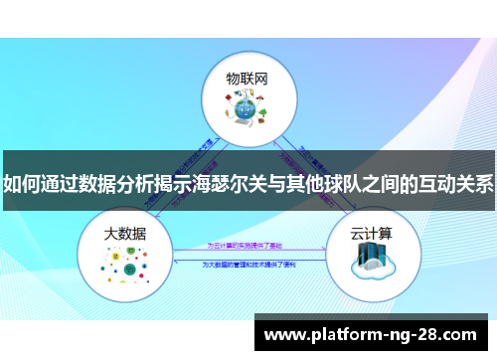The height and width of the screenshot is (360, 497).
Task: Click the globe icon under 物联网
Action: [x=248, y=112]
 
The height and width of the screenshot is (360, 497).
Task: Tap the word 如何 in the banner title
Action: [x=23, y=184]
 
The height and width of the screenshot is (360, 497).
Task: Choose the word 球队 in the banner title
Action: [x=355, y=184]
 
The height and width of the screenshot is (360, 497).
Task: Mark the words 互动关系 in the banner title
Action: [x=452, y=184]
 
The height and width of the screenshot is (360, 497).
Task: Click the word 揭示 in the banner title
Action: [x=179, y=184]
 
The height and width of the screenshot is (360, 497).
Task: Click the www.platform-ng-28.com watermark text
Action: [x=374, y=335]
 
